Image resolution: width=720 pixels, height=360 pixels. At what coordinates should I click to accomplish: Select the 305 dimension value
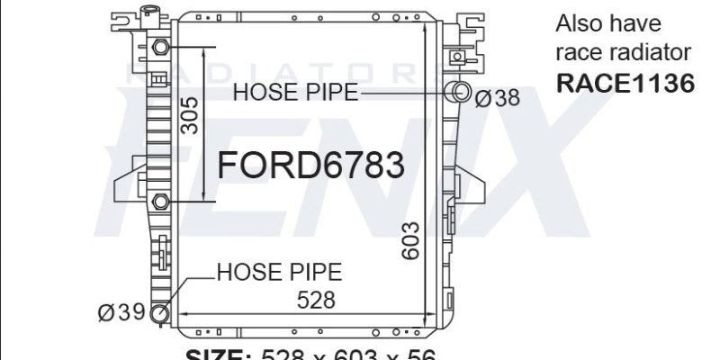[190, 115]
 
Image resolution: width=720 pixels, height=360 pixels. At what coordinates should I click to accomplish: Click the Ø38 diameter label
[497, 98]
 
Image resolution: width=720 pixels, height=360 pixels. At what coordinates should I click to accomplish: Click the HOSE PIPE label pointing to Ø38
[296, 91]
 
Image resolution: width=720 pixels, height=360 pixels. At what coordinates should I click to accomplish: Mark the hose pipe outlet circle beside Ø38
[459, 91]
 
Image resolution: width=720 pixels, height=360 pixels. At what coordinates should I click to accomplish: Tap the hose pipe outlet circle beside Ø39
[160, 312]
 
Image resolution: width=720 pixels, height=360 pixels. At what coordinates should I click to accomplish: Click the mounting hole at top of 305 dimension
[160, 47]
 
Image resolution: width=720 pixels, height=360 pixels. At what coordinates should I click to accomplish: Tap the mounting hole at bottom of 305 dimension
[160, 200]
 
